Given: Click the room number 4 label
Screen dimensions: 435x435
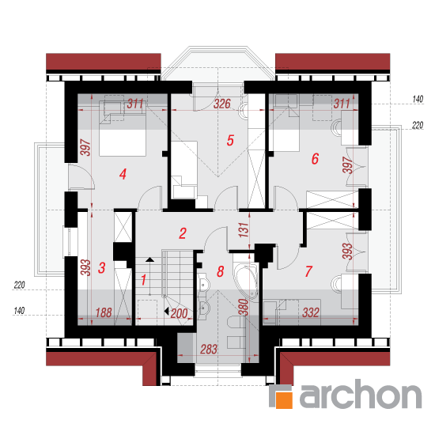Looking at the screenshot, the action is click(x=123, y=174).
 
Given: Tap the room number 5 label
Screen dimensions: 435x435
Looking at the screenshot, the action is click(x=230, y=140).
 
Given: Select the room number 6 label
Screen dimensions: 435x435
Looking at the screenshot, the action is click(x=315, y=159).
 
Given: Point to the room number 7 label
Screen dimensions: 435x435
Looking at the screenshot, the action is click(x=308, y=271).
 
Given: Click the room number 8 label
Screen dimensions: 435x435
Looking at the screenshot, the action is click(x=221, y=271).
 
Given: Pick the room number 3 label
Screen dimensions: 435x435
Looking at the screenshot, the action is click(x=102, y=268).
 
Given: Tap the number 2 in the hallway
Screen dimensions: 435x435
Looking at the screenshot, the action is click(x=183, y=233).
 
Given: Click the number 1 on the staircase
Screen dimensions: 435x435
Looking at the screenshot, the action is click(x=143, y=280).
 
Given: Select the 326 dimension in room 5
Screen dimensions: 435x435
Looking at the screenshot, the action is click(x=222, y=104).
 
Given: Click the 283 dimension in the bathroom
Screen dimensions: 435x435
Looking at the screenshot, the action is click(x=209, y=350).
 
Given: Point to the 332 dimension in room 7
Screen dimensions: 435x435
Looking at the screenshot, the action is click(x=311, y=312).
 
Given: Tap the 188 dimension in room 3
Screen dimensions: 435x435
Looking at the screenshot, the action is click(x=104, y=312).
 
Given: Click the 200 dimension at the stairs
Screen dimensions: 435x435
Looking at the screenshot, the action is click(x=180, y=314).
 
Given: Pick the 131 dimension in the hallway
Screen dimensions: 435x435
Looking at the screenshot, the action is click(x=244, y=230).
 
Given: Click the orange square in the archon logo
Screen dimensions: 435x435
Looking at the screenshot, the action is click(x=284, y=400).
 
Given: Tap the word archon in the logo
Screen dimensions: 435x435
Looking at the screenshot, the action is click(x=361, y=394).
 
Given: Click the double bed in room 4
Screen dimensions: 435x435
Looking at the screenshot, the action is click(x=123, y=128).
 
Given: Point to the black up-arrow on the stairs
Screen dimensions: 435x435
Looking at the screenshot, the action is click(x=149, y=259).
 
